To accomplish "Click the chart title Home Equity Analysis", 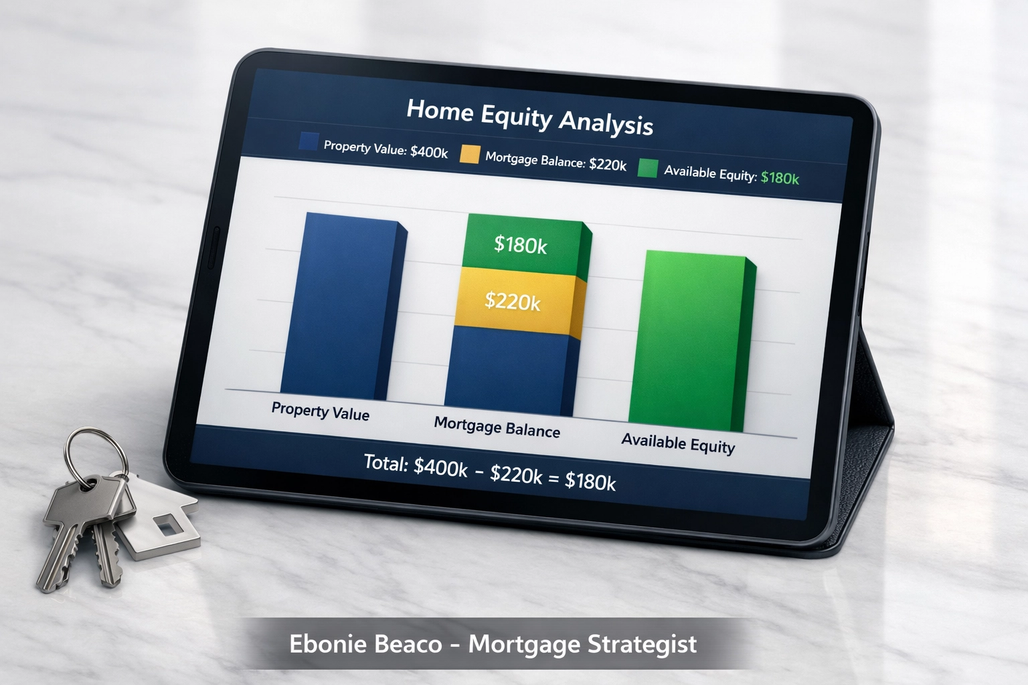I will (529, 117).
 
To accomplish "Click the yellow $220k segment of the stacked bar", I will (514, 301).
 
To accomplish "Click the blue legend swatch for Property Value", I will (309, 142).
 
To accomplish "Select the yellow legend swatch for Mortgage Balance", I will (470, 155).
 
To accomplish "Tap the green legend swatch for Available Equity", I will (648, 168).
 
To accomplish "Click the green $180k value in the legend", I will (780, 178).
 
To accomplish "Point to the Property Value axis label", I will (320, 411).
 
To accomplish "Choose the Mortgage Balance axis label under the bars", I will (497, 427).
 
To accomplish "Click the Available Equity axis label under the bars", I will (678, 443).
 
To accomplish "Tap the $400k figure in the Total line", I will (440, 467).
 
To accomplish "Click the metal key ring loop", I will (98, 455).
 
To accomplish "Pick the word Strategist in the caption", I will (642, 644).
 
